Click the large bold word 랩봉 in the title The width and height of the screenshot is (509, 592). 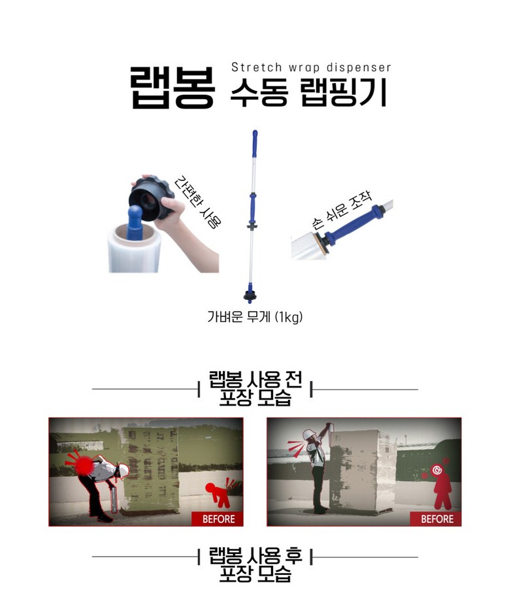click(x=173, y=88)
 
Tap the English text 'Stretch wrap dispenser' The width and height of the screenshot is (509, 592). click(x=311, y=67)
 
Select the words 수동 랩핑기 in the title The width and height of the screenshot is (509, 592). click(x=308, y=93)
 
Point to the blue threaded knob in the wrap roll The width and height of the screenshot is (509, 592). click(x=134, y=222)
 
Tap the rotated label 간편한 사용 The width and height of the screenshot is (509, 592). click(x=197, y=202)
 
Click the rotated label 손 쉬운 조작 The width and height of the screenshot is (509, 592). click(x=342, y=210)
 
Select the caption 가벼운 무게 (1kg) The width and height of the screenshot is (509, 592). click(x=255, y=316)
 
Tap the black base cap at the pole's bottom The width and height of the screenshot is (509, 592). click(x=250, y=296)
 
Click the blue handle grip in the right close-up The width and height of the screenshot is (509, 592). click(x=350, y=226)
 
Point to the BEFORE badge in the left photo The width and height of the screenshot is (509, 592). click(x=218, y=519)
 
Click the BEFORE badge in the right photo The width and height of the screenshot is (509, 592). click(x=436, y=519)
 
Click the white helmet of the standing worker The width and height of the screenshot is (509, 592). click(x=309, y=435)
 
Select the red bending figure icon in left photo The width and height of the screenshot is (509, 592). click(x=219, y=493)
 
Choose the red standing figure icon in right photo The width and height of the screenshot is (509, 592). click(x=441, y=487)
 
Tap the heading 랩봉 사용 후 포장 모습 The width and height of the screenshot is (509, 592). click(x=255, y=565)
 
